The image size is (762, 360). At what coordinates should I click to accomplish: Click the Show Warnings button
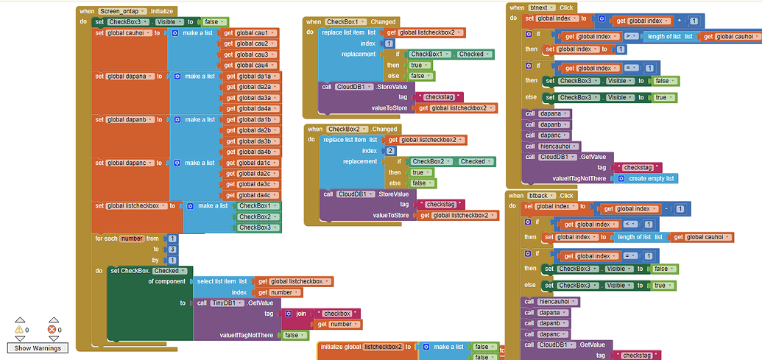(36, 347)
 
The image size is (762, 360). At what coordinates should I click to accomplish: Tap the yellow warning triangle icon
(19, 329)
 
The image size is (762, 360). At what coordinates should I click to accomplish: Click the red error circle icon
(52, 329)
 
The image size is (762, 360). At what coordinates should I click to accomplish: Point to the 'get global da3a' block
(253, 98)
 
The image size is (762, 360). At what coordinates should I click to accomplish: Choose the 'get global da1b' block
(253, 119)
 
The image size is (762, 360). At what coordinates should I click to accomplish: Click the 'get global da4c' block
(253, 195)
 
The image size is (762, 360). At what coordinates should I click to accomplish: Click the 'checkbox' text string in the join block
(336, 314)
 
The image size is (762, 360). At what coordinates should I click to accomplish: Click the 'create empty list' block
(646, 178)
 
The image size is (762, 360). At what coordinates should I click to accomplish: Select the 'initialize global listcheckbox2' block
(365, 347)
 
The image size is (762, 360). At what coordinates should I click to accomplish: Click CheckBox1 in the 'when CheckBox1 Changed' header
(345, 22)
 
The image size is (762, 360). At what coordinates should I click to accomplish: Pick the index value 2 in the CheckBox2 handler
(390, 150)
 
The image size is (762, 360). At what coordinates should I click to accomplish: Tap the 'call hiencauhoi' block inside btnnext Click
(551, 146)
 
